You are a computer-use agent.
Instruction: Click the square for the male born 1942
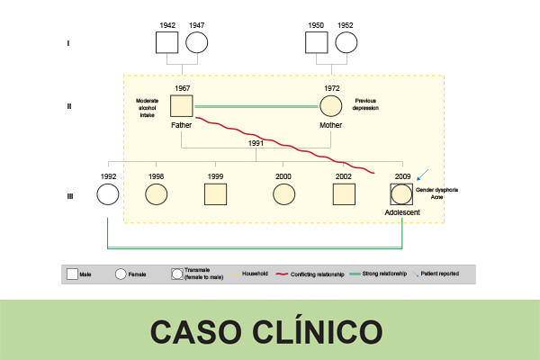coord(166,43)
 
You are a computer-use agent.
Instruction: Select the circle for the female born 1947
coord(196,43)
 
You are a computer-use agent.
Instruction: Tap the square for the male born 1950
coord(317,43)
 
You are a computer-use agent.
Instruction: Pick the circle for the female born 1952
coord(346,43)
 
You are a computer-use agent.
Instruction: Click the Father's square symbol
coord(183,105)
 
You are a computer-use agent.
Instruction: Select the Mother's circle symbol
coord(331,105)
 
